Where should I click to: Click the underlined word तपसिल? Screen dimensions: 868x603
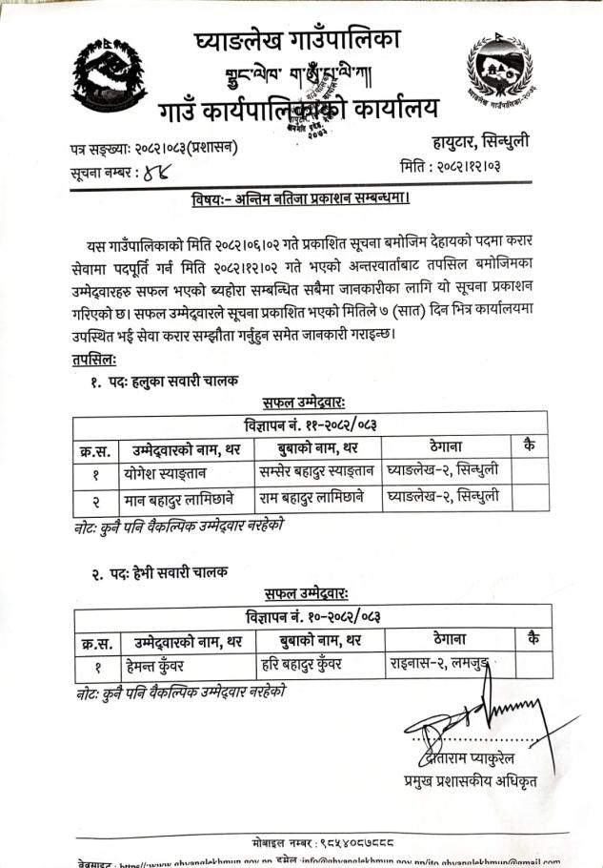tap(93, 360)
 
